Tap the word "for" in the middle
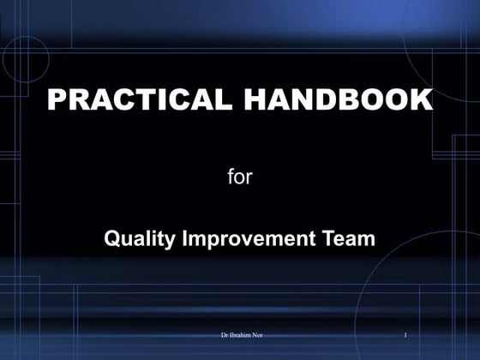240,178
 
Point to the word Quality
139,239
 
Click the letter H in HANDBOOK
256,100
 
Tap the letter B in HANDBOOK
345,100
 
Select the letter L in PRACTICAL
224,100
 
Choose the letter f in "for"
231,177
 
